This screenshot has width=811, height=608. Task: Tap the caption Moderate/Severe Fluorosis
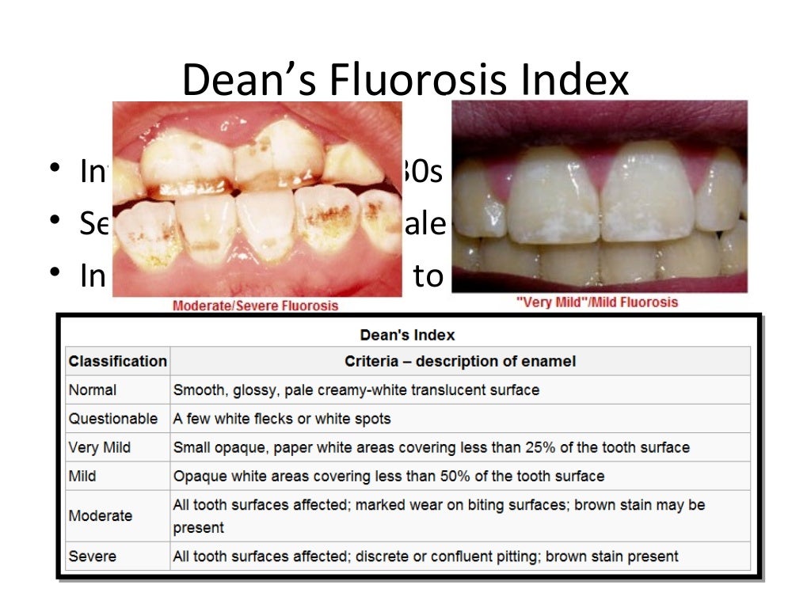(x=255, y=306)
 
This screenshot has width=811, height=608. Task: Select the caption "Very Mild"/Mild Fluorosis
(x=598, y=302)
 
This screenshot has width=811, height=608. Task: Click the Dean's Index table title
(x=407, y=335)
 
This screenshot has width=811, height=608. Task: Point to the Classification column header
(x=117, y=362)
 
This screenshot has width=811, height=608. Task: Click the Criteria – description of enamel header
(x=459, y=362)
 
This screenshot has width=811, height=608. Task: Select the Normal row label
(x=92, y=390)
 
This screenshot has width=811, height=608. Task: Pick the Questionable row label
(x=112, y=419)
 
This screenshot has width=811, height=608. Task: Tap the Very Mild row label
(x=99, y=447)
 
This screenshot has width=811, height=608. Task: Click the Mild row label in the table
(x=82, y=476)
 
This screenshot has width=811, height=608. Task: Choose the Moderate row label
(x=100, y=515)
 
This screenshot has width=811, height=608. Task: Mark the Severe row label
(x=92, y=557)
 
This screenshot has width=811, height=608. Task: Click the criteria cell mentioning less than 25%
(x=431, y=447)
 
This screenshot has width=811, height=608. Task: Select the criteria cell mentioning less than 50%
(x=388, y=476)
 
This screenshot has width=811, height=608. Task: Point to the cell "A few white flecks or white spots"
(x=282, y=419)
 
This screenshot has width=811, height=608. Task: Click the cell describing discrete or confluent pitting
(x=425, y=557)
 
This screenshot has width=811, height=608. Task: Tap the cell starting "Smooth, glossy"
(x=356, y=390)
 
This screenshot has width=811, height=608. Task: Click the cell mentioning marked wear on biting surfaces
(x=439, y=515)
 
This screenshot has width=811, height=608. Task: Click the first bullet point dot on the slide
(x=53, y=170)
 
